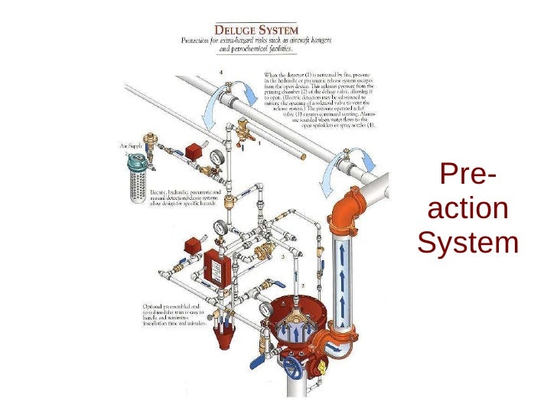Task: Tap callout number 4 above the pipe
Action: [x=222, y=72]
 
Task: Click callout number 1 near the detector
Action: [x=260, y=143]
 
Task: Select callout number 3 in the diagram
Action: [x=282, y=258]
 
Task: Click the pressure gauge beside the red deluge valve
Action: [x=265, y=309]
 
